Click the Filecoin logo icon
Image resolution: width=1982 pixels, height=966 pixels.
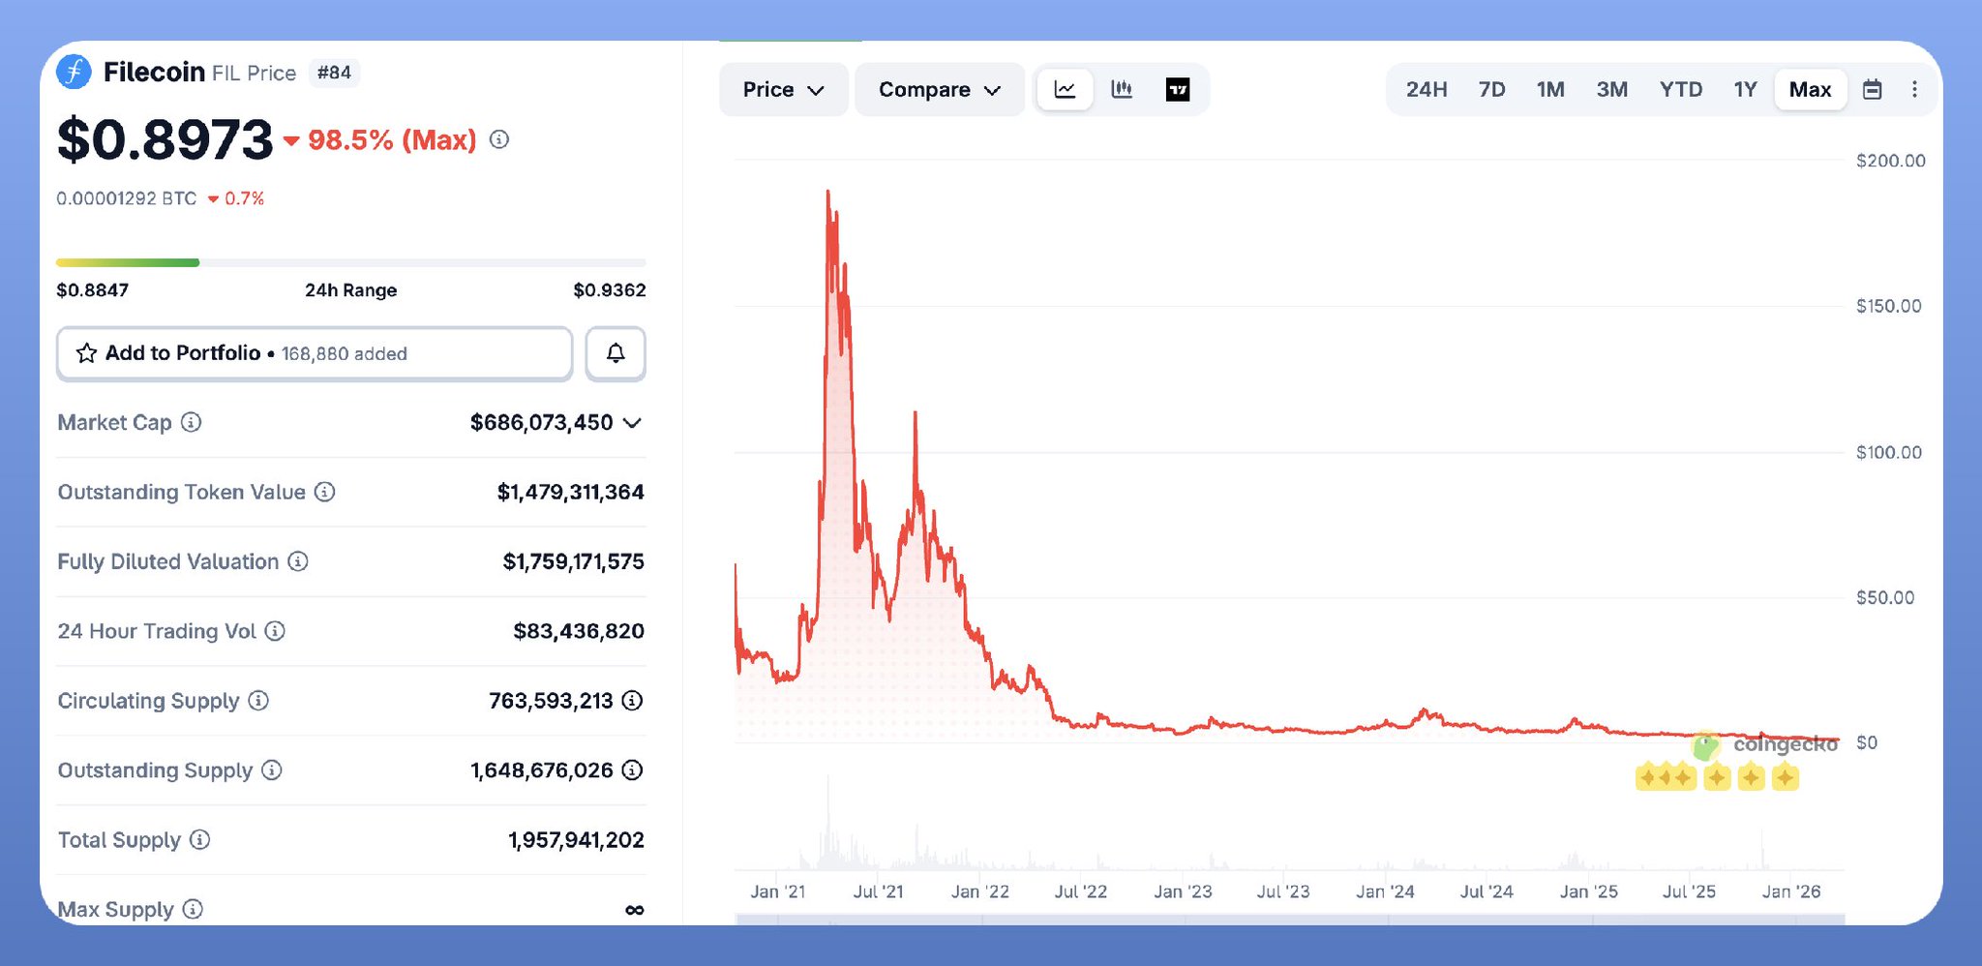74,72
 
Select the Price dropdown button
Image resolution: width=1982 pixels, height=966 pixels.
783,90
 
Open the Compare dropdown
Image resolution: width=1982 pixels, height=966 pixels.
939,90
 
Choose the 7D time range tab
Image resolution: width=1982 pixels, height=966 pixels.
1491,90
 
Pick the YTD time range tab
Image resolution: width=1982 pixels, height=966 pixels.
1680,90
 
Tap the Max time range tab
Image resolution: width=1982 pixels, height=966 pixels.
1810,90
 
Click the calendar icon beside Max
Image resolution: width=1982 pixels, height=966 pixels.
1873,90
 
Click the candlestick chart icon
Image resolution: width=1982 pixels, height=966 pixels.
1122,90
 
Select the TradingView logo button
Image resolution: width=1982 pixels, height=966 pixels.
1178,90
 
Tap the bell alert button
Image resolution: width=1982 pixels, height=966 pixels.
616,353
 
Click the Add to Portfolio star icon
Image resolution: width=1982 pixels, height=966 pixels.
86,353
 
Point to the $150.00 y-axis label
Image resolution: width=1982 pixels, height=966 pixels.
1888,306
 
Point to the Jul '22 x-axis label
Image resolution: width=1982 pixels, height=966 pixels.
1080,891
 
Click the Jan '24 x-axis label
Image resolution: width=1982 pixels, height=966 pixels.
1385,891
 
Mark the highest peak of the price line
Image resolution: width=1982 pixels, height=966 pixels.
827,192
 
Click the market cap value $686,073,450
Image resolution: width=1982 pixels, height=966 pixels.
541,423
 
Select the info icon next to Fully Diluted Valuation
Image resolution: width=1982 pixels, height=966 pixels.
298,561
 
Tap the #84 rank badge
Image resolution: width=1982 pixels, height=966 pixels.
334,73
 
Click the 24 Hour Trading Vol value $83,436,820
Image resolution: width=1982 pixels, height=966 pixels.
578,631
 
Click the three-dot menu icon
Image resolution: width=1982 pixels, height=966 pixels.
1914,90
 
